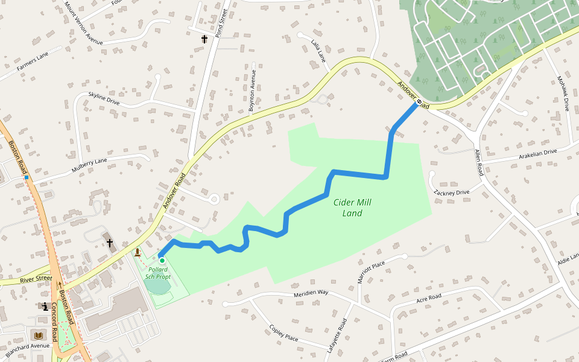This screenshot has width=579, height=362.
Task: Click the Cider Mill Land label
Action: pos(352,208)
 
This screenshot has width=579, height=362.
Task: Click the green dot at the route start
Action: pos(162,260)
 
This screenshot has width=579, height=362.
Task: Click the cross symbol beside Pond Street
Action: pos(204,39)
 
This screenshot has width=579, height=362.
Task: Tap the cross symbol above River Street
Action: pos(110,243)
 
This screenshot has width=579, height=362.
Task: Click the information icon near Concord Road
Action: pos(45,306)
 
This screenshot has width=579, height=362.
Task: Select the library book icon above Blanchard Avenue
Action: pos(39,335)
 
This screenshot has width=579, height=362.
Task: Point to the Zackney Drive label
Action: pos(451,192)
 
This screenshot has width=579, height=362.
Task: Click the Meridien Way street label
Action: pos(311,293)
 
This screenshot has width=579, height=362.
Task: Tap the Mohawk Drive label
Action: pos(563,94)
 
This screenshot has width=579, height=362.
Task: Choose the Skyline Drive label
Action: pos(104,98)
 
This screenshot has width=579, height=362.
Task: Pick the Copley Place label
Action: pos(283,333)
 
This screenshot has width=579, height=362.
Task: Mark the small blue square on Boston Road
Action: pos(27,178)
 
